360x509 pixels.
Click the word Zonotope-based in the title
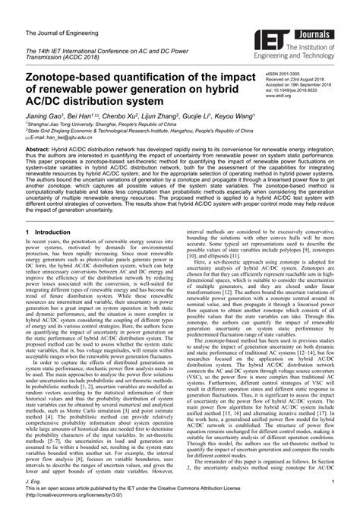(x=79, y=79)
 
